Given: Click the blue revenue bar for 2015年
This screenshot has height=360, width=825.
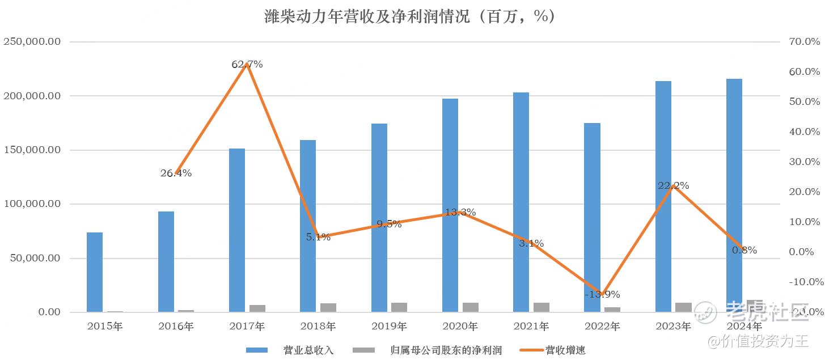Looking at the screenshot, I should click(95, 272).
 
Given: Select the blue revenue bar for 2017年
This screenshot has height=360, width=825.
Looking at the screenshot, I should click(237, 230).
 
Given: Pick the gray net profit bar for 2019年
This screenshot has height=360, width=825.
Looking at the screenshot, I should click(399, 307).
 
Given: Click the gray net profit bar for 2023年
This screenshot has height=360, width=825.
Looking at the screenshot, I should click(683, 307).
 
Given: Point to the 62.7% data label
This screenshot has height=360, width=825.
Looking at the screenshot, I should click(247, 65).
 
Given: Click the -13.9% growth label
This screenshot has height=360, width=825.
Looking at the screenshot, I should click(602, 294).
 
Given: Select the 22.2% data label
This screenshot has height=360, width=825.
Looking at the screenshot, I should click(673, 186).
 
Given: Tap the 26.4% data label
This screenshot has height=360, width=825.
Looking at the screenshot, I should click(176, 173).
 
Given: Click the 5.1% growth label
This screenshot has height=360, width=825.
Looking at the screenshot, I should click(318, 238).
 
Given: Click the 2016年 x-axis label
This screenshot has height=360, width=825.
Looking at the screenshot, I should click(176, 327).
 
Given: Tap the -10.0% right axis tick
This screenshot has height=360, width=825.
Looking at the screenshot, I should click(803, 282).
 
